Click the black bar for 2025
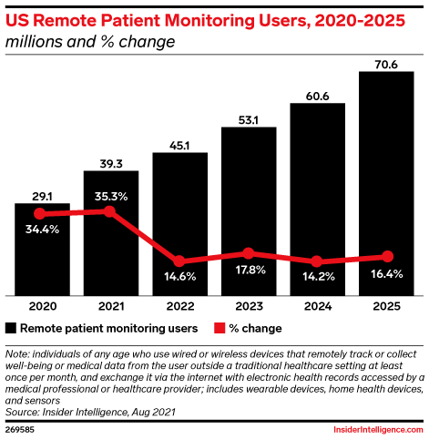pos(387,182)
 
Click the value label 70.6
pos(387,62)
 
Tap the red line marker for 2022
pos(179,261)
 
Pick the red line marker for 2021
pos(110,211)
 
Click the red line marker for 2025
pos(387,257)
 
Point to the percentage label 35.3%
pos(110,194)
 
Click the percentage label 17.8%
pos(249,271)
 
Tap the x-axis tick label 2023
pos(249,307)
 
